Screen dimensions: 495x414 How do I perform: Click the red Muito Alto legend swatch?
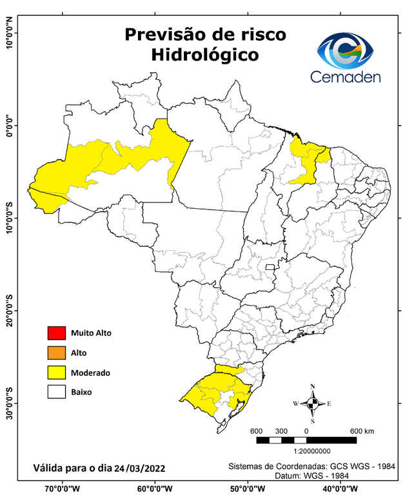[56, 333]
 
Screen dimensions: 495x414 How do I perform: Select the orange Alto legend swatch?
[56, 353]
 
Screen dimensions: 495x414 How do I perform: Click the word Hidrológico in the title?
[204, 55]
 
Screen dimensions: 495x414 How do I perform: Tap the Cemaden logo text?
[346, 77]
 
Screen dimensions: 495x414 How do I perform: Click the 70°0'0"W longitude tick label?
[63, 488]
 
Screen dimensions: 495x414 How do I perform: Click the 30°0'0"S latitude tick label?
[10, 403]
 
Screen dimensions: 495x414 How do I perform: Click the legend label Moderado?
[91, 373]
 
